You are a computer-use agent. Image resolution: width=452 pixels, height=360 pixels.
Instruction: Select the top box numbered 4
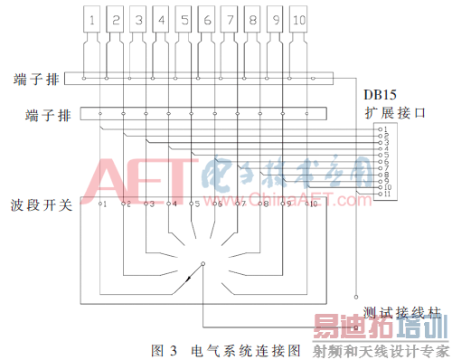[x=161, y=17]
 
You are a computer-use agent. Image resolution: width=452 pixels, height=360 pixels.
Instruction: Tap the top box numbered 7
[x=230, y=17]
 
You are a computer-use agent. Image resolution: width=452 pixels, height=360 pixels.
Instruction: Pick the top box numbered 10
[x=299, y=17]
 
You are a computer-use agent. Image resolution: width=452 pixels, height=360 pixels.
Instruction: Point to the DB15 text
[x=381, y=94]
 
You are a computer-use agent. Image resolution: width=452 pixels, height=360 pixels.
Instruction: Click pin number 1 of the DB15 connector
[x=384, y=130]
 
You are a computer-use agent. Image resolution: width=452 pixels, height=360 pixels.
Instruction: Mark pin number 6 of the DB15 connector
[x=384, y=162]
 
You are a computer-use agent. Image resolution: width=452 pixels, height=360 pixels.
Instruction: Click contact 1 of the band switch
[x=104, y=204]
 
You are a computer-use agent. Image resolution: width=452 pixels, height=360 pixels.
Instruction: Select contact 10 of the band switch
[x=313, y=204]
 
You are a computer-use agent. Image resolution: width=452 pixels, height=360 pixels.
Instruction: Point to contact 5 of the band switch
[x=196, y=204]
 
